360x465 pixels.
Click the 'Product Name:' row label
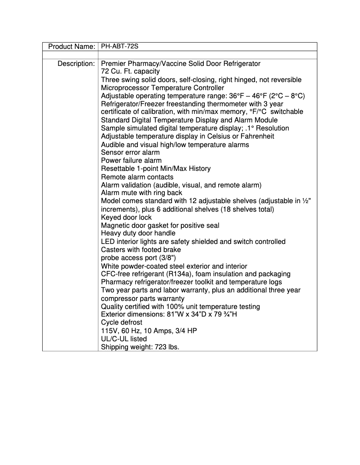pos(71,47)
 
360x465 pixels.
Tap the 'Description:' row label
pos(76,64)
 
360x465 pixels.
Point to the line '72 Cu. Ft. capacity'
pos(130,72)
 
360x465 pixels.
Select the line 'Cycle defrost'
pos(121,323)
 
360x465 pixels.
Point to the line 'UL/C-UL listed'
pos(124,339)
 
